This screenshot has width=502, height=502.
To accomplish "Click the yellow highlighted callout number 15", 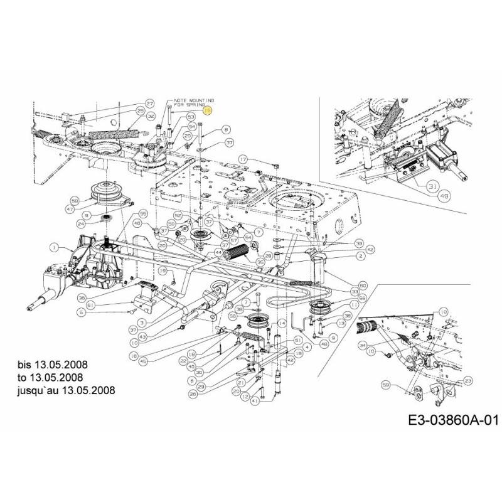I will pyautogui.click(x=208, y=109).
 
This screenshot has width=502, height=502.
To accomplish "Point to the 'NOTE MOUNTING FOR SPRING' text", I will pyautogui.click(x=193, y=102).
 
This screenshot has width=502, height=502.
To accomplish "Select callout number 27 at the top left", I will pyautogui.click(x=149, y=103).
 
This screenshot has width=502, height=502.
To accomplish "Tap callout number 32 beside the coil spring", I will pyautogui.click(x=151, y=117).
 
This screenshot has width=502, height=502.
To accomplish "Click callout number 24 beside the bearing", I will pyautogui.click(x=81, y=223).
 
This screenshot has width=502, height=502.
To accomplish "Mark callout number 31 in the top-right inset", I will pyautogui.click(x=432, y=187).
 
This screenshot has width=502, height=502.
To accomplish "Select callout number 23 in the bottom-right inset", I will pyautogui.click(x=469, y=381).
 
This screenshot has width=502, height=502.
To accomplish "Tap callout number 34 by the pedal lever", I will pyautogui.click(x=361, y=346).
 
